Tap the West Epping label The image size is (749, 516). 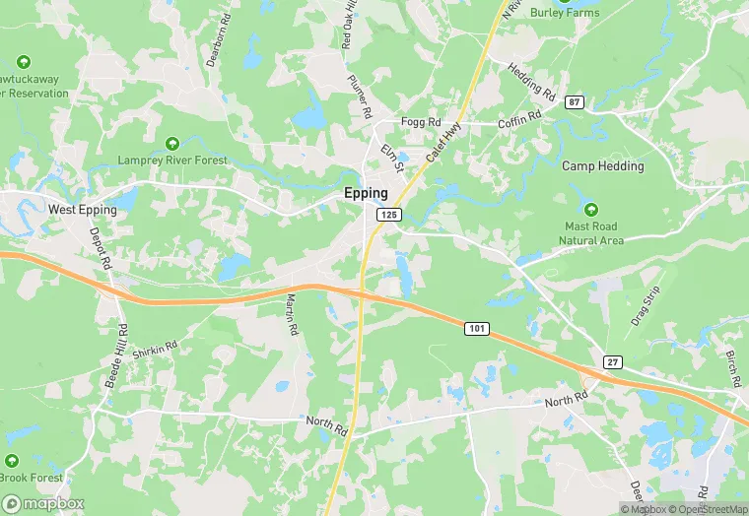coord(83,210)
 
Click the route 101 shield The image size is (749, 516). coord(475,327)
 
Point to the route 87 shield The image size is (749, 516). coord(575,101)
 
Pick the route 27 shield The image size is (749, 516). coord(612,362)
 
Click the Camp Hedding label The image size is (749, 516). coord(603,166)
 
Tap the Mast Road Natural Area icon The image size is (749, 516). coord(591,210)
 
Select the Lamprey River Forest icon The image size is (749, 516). coord(172,144)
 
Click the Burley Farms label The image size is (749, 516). coord(565,12)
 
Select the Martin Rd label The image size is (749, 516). coord(291,314)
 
